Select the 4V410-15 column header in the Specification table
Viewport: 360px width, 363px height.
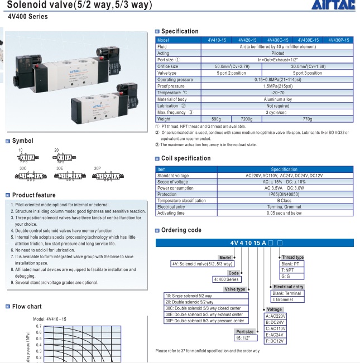pyautogui.click(x=217, y=40)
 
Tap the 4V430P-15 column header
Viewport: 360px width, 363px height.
pyautogui.click(x=339, y=40)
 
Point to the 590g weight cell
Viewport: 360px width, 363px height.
pyautogui.click(x=217, y=119)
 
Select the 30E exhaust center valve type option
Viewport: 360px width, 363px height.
pyautogui.click(x=205, y=315)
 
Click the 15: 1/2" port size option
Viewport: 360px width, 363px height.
pyautogui.click(x=244, y=338)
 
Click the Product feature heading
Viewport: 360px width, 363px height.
pyautogui.click(x=33, y=195)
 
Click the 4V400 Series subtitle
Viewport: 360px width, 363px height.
pyautogui.click(x=28, y=17)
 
